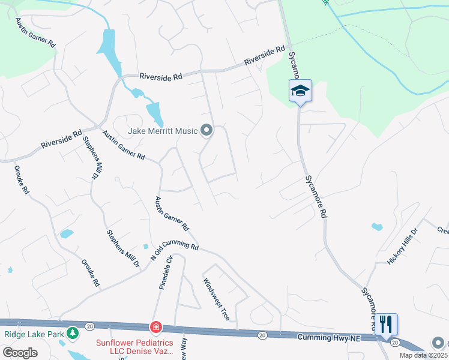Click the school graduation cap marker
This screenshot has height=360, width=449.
click(300, 91)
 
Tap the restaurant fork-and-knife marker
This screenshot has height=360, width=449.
click(387, 325)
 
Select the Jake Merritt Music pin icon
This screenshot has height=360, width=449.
click(206, 130)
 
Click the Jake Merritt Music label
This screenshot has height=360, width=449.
click(162, 130)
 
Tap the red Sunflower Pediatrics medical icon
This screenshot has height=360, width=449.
click(155, 328)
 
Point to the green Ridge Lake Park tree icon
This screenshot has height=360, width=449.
click(73, 332)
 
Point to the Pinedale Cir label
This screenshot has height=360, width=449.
click(166, 273)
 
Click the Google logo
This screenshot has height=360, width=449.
click(20, 353)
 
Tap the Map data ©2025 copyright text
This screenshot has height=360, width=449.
click(423, 355)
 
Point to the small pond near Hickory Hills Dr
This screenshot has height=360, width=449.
click(377, 227)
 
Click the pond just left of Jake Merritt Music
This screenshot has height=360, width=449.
click(154, 111)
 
